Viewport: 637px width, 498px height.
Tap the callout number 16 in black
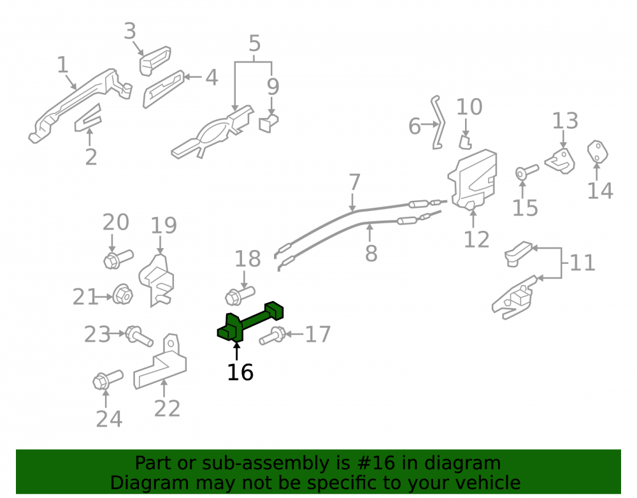(240, 372)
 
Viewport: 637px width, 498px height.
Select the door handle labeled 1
(80, 104)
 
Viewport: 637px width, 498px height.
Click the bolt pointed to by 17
(272, 336)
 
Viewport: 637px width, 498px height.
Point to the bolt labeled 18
(240, 295)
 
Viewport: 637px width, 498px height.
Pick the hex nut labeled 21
(123, 294)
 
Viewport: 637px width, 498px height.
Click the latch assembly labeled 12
(473, 180)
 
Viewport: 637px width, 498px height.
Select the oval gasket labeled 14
(598, 152)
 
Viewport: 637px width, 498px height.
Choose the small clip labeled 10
(465, 143)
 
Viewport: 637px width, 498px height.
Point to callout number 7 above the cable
(355, 182)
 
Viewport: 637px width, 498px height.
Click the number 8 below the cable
(371, 253)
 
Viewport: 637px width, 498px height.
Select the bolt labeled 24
(108, 379)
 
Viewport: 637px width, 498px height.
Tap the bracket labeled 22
(160, 363)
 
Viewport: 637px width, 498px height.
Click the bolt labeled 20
(118, 259)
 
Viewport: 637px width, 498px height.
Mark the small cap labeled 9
(269, 123)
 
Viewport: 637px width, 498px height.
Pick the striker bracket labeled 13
(560, 161)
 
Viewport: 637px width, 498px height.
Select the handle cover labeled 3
(155, 61)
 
